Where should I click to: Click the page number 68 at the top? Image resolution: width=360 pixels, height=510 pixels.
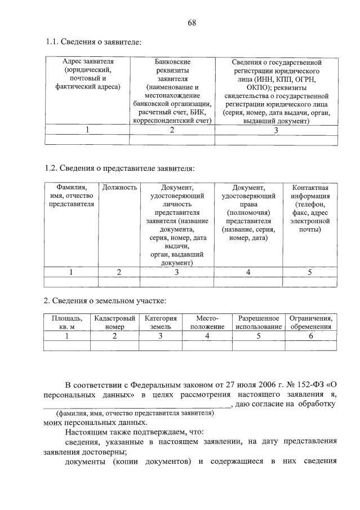192,23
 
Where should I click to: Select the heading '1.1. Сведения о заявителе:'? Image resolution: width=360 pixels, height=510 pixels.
93,42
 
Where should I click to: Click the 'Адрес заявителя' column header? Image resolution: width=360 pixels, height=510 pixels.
87,74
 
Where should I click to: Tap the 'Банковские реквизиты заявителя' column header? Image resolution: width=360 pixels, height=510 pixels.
172,90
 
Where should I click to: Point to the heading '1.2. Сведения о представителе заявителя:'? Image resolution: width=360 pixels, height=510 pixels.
119,168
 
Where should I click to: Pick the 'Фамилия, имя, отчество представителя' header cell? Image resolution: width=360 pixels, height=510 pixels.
71,196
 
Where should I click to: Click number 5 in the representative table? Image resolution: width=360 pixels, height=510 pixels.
309,273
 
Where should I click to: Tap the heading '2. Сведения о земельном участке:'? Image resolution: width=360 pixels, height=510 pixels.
105,300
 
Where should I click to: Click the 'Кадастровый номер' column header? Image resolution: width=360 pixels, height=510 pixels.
115,322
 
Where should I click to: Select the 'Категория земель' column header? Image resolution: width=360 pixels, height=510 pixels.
161,322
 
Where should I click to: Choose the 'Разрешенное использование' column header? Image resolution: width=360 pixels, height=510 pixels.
259,322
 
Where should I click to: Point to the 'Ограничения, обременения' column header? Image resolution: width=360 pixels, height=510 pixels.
310,322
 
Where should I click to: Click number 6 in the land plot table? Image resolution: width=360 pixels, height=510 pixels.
310,336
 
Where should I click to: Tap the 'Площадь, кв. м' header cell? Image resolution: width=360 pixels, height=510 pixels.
66,322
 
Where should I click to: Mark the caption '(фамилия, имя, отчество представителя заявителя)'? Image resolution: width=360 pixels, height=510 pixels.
131,413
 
